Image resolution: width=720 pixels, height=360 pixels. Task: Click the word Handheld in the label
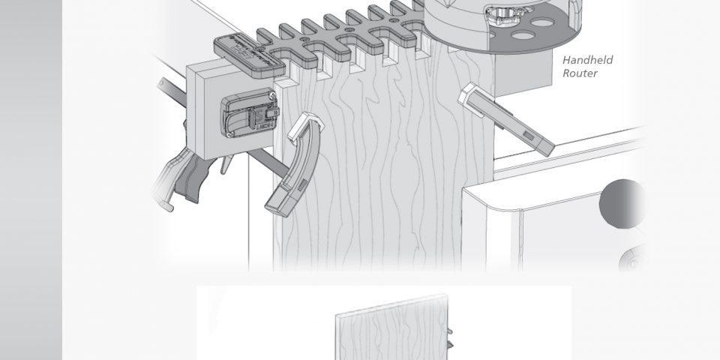tap(587, 60)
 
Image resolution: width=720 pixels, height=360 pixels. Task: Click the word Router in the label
tap(579, 73)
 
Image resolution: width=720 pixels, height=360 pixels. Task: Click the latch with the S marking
tap(249, 112)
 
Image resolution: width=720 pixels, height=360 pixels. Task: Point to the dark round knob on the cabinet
tap(622, 204)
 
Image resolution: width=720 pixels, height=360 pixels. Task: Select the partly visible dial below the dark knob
tap(631, 259)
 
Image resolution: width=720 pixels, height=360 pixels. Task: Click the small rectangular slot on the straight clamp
tap(528, 136)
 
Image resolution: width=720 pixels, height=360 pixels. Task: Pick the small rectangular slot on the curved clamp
tap(302, 185)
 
